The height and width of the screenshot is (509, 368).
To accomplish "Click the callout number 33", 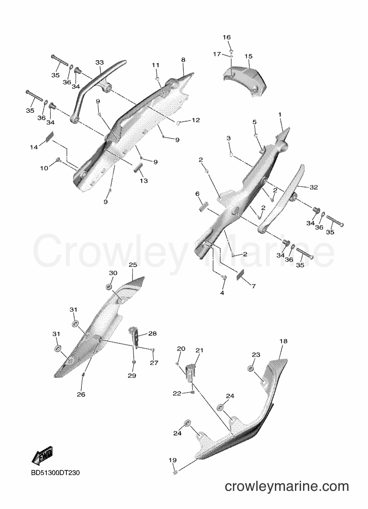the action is (x=100, y=62).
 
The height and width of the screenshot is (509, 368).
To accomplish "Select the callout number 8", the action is (x=183, y=60).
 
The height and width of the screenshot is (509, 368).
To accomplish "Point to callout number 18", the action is (x=284, y=341).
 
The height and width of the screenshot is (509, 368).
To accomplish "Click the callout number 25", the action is (x=133, y=265).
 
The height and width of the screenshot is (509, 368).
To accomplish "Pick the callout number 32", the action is (x=314, y=187).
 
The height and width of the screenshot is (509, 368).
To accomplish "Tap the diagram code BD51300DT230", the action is (x=55, y=473).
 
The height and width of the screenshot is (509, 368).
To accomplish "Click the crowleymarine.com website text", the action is (x=286, y=487).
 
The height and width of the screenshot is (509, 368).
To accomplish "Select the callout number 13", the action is (x=144, y=181).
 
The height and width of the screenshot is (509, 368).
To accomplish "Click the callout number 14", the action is (x=34, y=147).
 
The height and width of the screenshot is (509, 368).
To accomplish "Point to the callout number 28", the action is (x=152, y=334).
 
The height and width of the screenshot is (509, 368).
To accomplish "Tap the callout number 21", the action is (x=199, y=350).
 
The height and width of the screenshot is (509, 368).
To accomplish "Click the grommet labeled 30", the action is (x=108, y=287).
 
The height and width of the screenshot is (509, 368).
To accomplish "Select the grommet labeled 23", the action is (x=251, y=368).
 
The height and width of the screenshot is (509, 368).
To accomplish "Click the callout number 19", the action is (x=172, y=460).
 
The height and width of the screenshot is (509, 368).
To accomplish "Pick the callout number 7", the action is (x=253, y=286).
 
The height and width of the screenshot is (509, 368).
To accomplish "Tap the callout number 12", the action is (x=196, y=120).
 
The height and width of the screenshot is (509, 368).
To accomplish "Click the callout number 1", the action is (x=280, y=115).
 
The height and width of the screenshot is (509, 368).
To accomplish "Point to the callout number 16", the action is (x=227, y=37).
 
